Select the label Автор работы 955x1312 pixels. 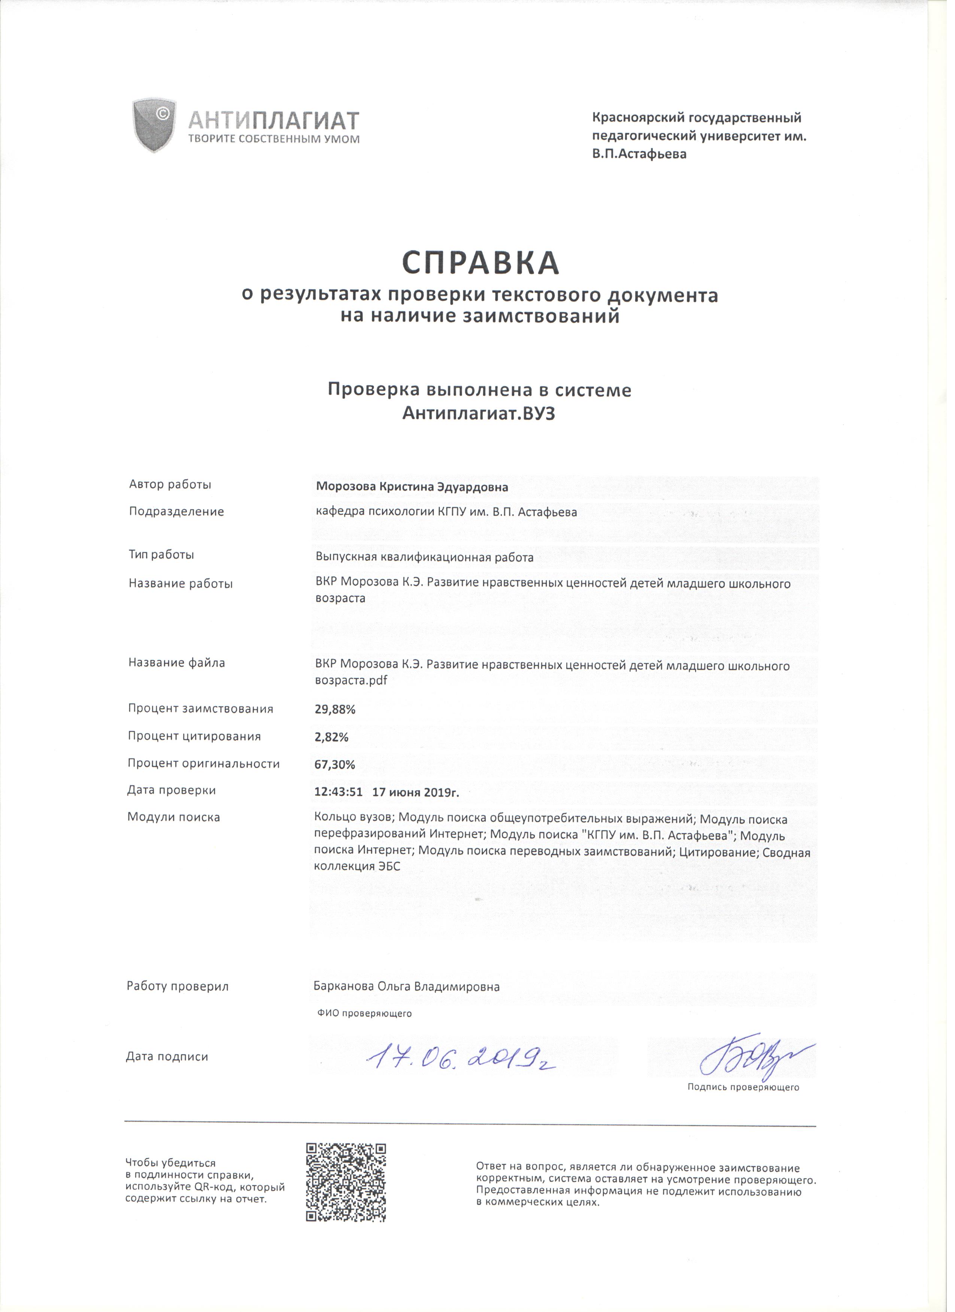[x=171, y=488]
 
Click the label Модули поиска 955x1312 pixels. [x=175, y=823]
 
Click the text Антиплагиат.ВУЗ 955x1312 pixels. [x=482, y=417]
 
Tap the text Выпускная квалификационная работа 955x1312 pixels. [x=428, y=562]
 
